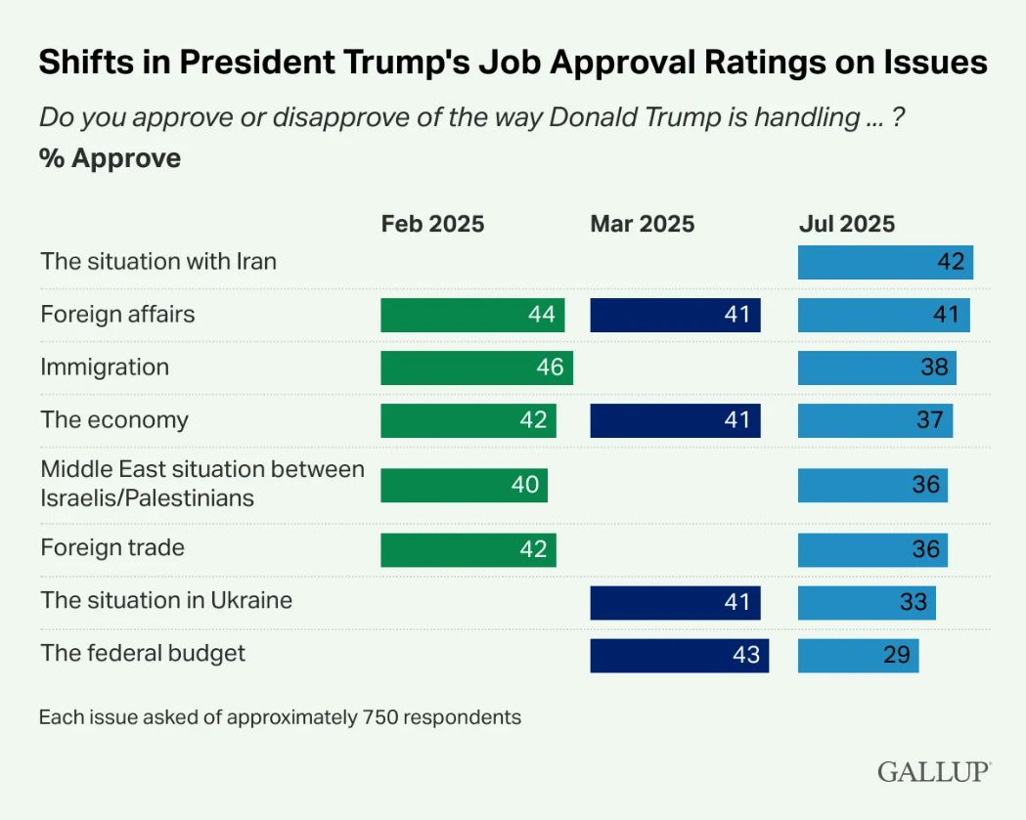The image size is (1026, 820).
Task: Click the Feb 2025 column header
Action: click(x=432, y=224)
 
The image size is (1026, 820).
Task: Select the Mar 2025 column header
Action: click(x=642, y=224)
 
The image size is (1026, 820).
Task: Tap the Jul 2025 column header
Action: click(x=846, y=224)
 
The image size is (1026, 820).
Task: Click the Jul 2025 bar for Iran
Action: click(x=885, y=262)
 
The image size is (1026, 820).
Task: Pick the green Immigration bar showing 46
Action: click(x=476, y=367)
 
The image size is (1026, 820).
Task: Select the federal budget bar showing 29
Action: click(x=858, y=655)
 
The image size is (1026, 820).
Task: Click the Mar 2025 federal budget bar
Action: click(x=679, y=655)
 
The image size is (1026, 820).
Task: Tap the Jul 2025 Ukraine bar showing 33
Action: click(x=867, y=602)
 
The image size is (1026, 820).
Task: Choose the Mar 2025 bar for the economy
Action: click(x=675, y=420)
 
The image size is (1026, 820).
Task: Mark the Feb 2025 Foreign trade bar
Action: click(x=468, y=549)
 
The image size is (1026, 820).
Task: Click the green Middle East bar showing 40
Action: click(x=464, y=485)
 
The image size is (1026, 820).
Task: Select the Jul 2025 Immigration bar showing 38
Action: click(x=876, y=367)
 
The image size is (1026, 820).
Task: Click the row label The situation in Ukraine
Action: click(x=166, y=600)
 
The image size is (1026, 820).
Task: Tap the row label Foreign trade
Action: click(x=112, y=547)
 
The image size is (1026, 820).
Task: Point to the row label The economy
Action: click(x=114, y=420)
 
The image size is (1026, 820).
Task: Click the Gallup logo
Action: click(x=934, y=771)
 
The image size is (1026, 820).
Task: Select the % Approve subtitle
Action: click(x=110, y=158)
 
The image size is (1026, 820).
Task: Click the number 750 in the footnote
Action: click(x=379, y=717)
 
